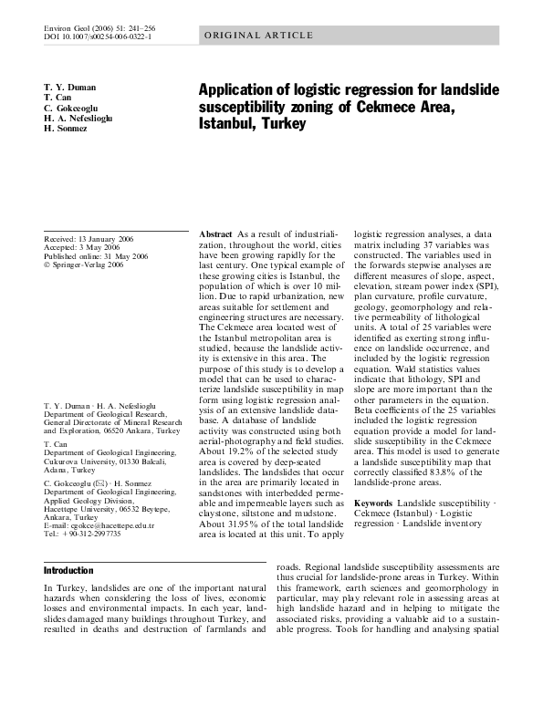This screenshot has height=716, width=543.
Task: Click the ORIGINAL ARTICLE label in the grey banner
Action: (x=258, y=36)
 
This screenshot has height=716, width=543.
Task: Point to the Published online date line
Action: (x=96, y=257)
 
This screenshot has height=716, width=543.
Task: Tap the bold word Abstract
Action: (x=215, y=234)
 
